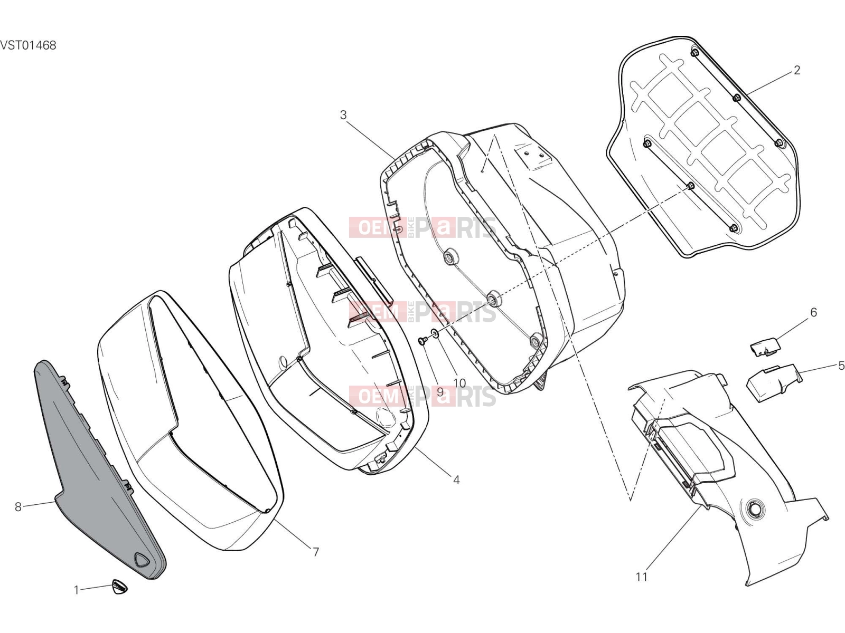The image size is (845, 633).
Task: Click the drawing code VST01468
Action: [28, 45]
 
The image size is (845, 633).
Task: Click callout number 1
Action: [76, 590]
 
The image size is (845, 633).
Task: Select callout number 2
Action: [796, 70]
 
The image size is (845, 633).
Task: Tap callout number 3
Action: [343, 115]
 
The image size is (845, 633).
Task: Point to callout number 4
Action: [456, 479]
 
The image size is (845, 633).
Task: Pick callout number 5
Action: [841, 365]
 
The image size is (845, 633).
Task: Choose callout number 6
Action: [813, 312]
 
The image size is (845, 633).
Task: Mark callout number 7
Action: [316, 552]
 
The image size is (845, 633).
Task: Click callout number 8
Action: [18, 507]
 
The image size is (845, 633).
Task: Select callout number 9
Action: [440, 392]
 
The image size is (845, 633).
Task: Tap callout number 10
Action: [459, 383]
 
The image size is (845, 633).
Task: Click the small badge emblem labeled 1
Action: [120, 587]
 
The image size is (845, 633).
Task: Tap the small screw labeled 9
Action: [422, 340]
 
